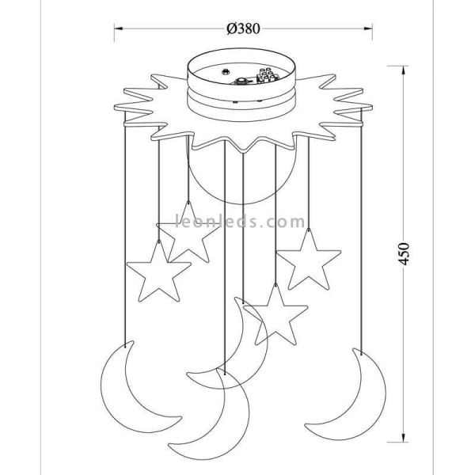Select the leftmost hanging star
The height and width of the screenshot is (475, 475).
click(158, 276)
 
